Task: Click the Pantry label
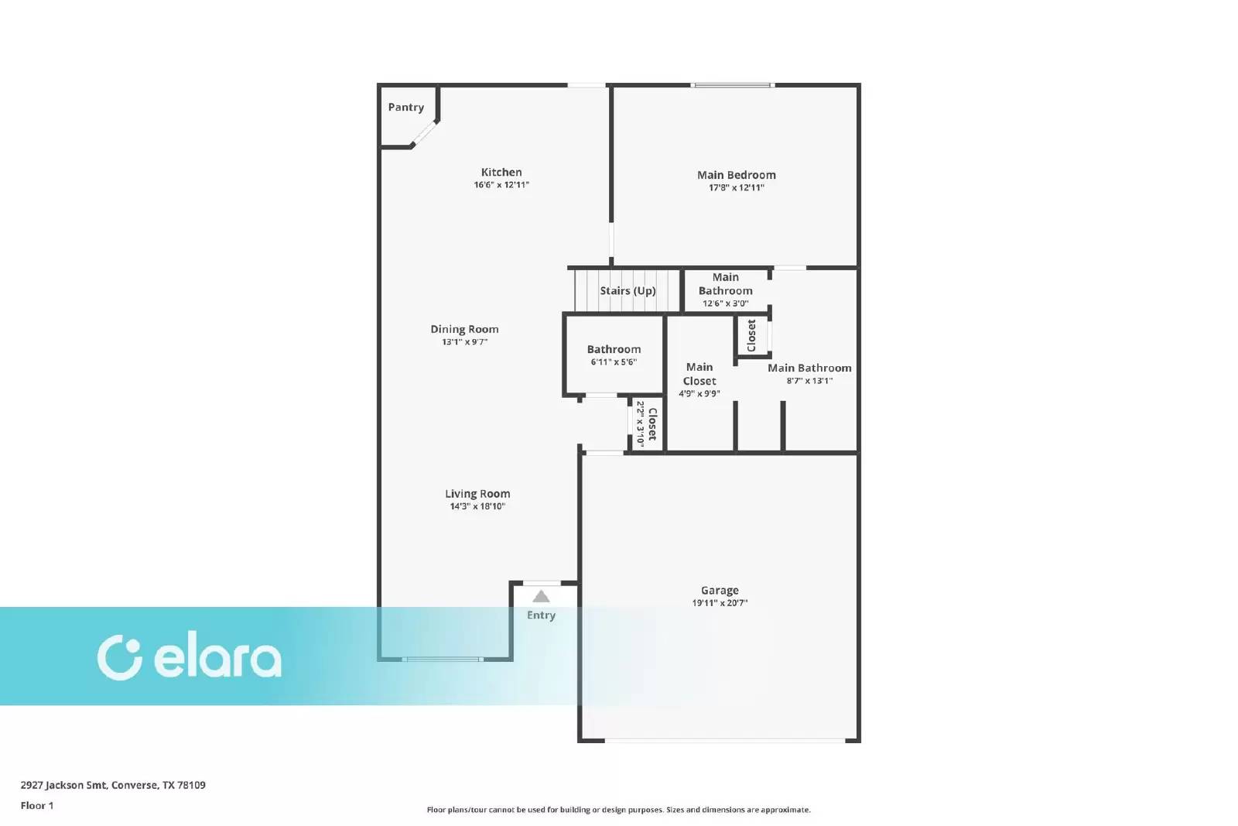click(405, 108)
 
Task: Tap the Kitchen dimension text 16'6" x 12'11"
click(501, 185)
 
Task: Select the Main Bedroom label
click(736, 175)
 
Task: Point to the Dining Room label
click(464, 329)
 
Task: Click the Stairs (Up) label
click(628, 291)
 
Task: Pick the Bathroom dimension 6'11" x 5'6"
click(614, 362)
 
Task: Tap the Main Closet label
click(699, 374)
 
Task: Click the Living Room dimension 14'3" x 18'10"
click(477, 506)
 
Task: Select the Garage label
click(720, 590)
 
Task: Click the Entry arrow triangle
click(541, 596)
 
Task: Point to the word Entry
click(541, 615)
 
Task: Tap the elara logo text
click(217, 658)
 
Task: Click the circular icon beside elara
click(119, 658)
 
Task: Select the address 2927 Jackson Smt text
click(113, 785)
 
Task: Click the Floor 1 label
click(37, 806)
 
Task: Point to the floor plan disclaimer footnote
click(618, 810)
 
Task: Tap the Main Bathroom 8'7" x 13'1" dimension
click(809, 381)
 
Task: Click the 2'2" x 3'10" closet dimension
click(640, 423)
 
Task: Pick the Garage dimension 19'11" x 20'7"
click(720, 603)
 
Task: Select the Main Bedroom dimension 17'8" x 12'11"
click(736, 187)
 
